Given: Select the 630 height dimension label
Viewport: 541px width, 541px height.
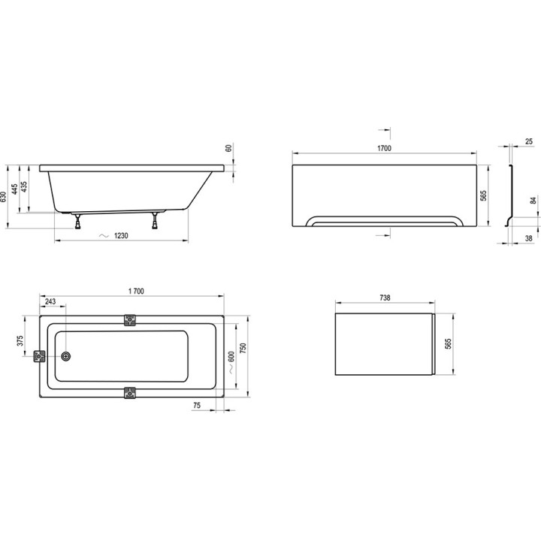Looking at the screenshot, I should click(5, 197).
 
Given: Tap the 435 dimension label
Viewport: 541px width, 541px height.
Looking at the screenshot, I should click(25, 186).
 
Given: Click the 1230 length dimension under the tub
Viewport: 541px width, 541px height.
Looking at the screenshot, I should click(122, 236).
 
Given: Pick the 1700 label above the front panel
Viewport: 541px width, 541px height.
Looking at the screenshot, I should click(383, 149).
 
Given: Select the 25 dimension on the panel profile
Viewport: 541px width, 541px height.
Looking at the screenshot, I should click(529, 141).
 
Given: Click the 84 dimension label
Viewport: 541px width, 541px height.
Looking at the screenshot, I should click(533, 201).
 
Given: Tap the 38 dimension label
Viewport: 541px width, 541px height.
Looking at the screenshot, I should click(529, 238).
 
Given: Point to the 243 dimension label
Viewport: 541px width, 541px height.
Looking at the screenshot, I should click(50, 302).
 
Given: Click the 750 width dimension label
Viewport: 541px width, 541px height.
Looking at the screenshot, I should click(243, 349).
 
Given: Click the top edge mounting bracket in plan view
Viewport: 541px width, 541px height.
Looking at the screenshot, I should click(131, 319).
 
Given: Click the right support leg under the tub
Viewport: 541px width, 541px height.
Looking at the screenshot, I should click(156, 220).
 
